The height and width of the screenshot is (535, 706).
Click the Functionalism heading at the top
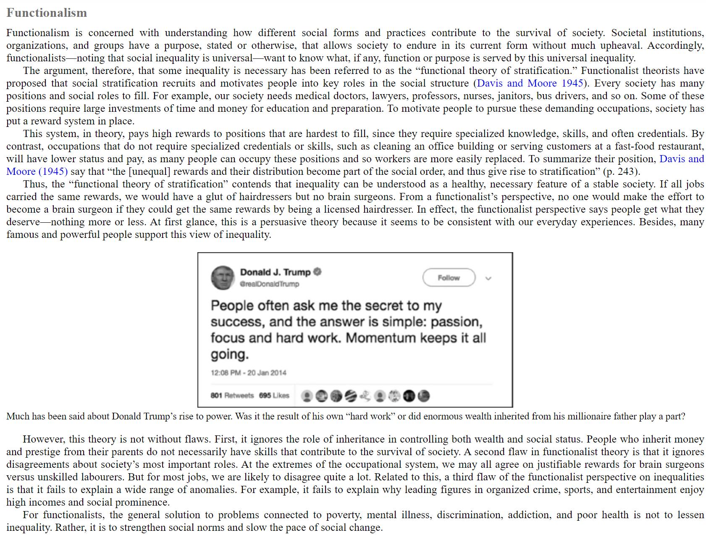click(x=47, y=13)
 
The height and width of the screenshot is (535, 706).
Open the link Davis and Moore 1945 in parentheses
click(x=530, y=83)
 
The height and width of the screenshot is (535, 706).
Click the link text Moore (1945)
click(x=37, y=171)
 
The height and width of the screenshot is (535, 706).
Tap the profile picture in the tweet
click(x=222, y=278)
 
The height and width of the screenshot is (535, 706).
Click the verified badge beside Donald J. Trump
click(x=318, y=272)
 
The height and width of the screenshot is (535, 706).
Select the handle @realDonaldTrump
click(x=269, y=284)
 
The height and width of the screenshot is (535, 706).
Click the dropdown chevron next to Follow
click(x=488, y=278)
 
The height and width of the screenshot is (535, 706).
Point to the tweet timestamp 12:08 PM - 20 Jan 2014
click(x=248, y=373)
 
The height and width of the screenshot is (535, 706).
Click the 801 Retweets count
click(x=232, y=395)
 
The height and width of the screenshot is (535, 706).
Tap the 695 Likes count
click(x=274, y=395)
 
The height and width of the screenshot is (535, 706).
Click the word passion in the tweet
click(x=456, y=322)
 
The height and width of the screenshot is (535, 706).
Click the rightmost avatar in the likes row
click(x=424, y=396)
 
